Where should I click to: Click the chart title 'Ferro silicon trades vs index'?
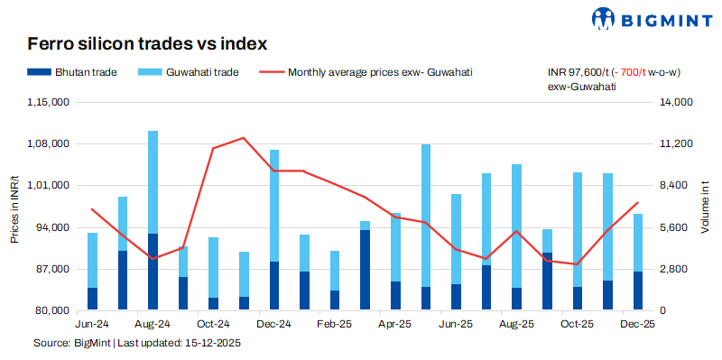pos(147,43)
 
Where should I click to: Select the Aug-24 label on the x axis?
pos(153,324)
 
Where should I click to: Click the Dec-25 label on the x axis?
pos(637,324)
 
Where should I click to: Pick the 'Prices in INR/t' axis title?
pos(14,207)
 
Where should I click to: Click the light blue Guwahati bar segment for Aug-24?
pos(153,180)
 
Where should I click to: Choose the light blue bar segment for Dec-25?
pos(638,242)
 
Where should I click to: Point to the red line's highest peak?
pos(244,138)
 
